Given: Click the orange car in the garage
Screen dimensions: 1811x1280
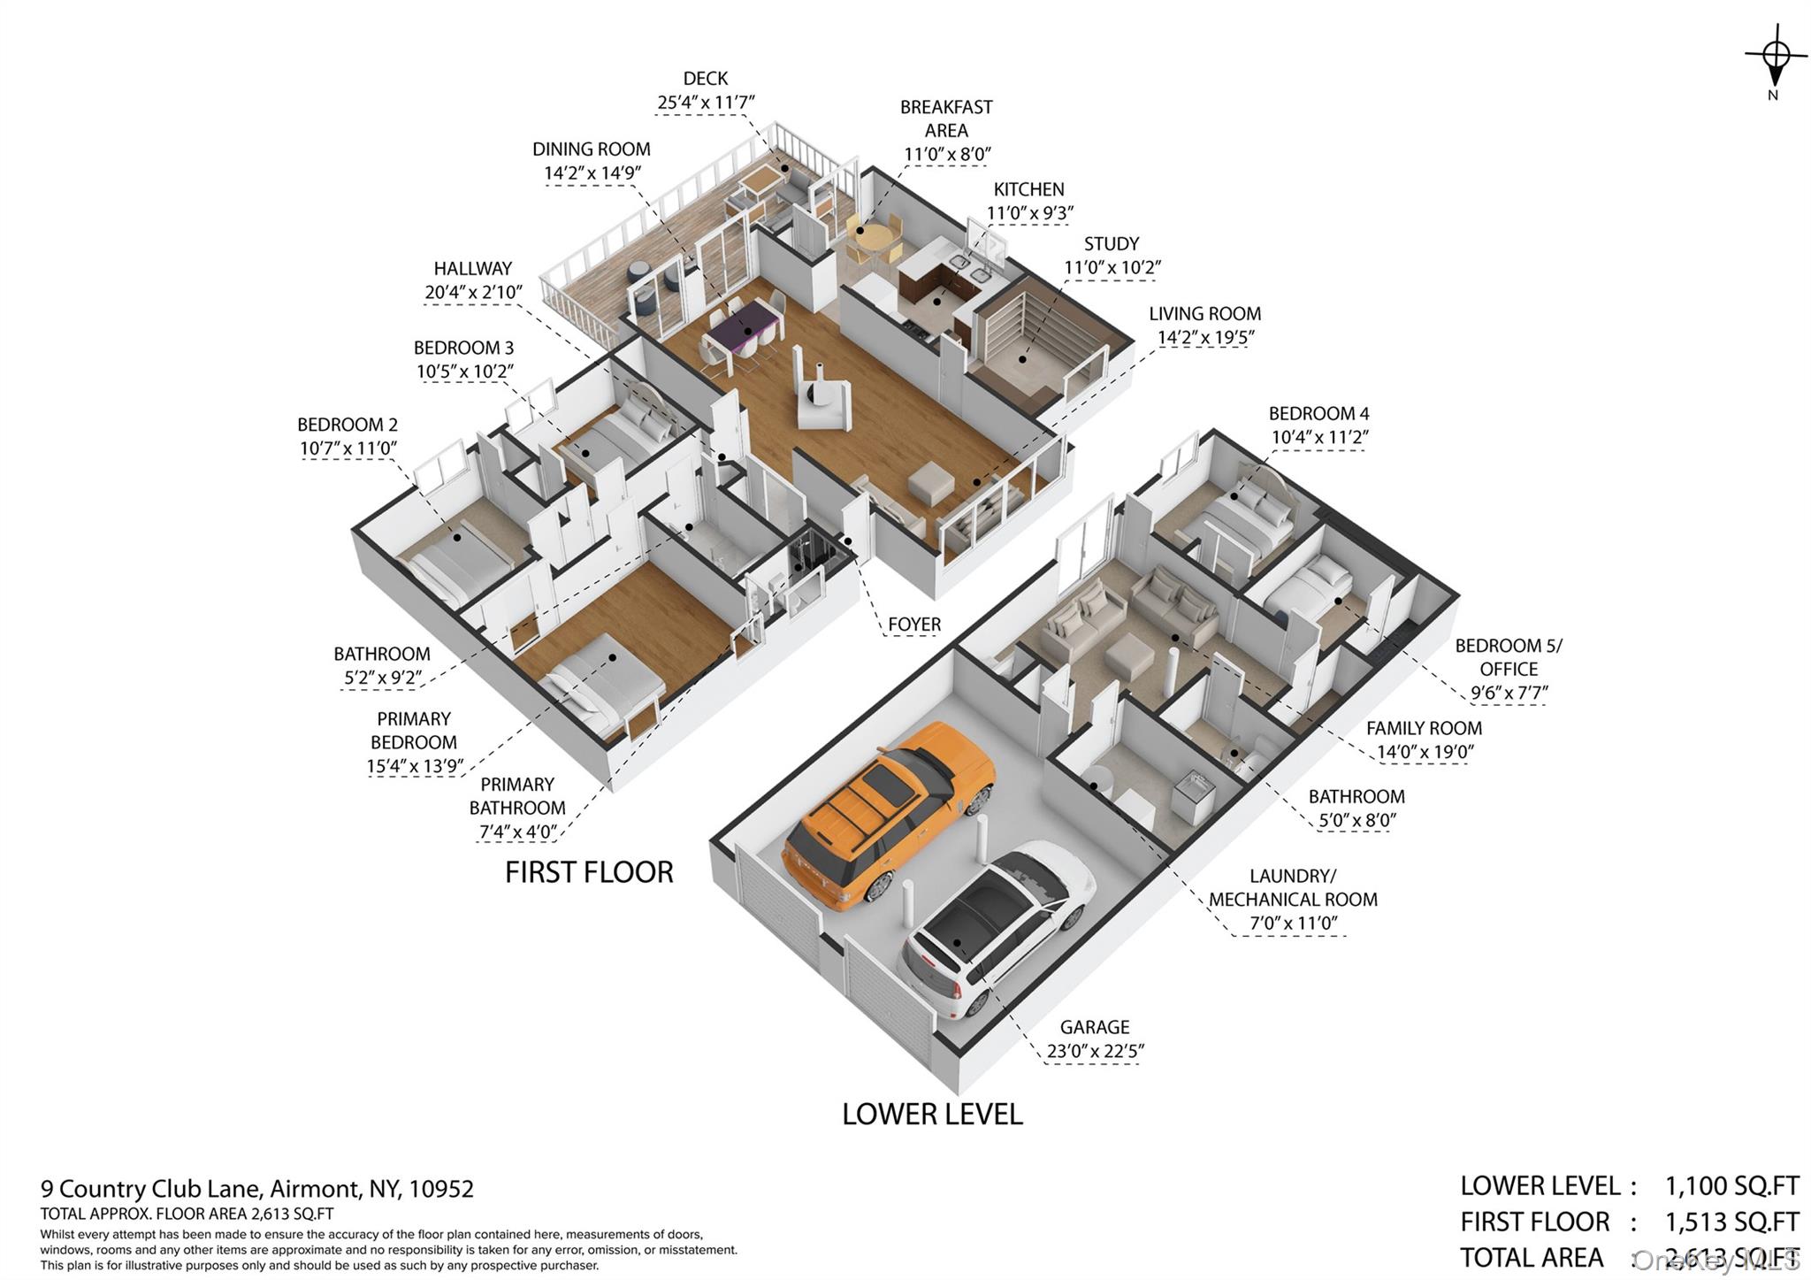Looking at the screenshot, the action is [x=888, y=814].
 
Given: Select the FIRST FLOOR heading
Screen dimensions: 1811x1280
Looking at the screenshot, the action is [x=589, y=872].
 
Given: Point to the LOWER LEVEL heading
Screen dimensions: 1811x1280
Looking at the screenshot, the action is [x=932, y=1114].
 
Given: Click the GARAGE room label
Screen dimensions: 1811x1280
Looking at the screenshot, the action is [x=1095, y=1027].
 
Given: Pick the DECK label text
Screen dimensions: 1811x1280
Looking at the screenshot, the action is [x=706, y=79].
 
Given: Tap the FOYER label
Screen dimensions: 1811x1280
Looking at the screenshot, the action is [x=914, y=625].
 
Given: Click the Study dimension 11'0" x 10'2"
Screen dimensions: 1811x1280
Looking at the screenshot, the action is [x=1112, y=267].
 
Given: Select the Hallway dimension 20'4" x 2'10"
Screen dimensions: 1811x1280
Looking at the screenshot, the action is [x=473, y=292].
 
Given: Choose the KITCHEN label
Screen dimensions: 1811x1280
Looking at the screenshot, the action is [x=1029, y=189].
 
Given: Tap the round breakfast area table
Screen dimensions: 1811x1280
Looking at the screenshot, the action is [x=875, y=239].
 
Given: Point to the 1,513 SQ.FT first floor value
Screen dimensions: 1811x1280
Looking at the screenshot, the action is [x=1731, y=1222].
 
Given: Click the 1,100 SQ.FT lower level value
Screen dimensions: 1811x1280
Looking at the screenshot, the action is [x=1731, y=1185].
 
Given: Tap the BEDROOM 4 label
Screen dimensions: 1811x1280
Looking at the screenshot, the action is [x=1319, y=413].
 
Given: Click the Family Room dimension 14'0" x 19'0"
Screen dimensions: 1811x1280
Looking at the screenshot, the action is [x=1425, y=752].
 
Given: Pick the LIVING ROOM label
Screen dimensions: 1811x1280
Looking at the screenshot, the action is [x=1205, y=313].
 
